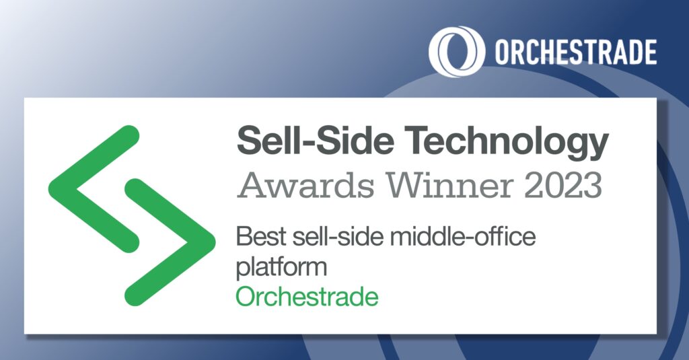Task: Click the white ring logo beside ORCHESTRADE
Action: coord(457,51)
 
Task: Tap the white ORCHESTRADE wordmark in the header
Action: coord(576,52)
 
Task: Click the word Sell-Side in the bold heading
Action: coord(315,140)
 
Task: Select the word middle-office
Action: coord(463,237)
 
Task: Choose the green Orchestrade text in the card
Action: coord(307,296)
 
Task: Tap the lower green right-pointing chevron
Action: coord(170,242)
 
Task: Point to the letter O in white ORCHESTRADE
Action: coord(503,52)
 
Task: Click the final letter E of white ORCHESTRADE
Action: coord(649,52)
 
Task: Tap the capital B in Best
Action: coord(244,237)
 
